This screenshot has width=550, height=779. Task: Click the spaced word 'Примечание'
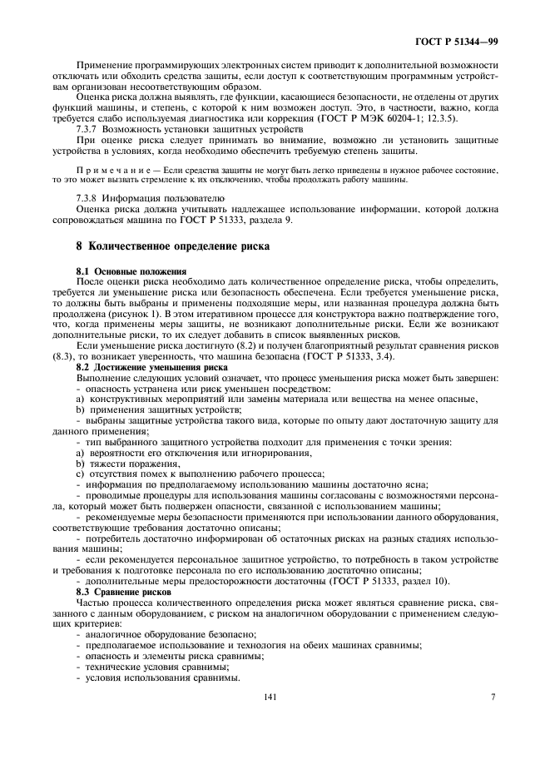[x=107, y=170]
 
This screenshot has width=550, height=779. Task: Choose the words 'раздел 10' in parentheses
[x=425, y=582]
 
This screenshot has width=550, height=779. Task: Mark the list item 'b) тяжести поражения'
[x=120, y=462]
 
